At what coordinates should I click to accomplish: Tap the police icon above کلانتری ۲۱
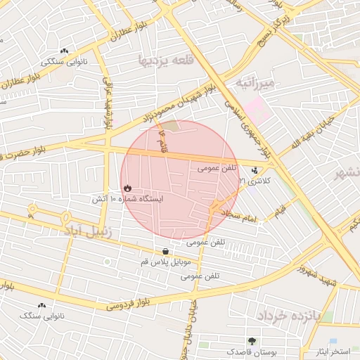[254, 169]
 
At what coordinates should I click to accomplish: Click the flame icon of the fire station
[127, 187]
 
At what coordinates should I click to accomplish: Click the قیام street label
[279, 209]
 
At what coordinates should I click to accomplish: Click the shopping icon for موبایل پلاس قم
[165, 250]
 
